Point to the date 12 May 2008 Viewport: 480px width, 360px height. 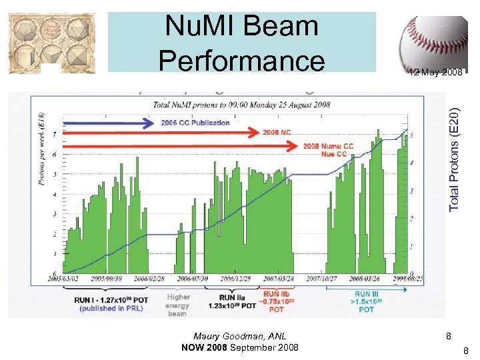[435, 72]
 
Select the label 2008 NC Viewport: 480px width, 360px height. [277, 132]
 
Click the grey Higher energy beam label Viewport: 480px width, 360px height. [178, 305]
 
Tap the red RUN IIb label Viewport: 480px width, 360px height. [277, 301]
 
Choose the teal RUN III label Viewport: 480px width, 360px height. [367, 301]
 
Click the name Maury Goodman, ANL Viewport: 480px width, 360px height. [240, 337]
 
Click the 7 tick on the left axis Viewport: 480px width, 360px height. [54, 134]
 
